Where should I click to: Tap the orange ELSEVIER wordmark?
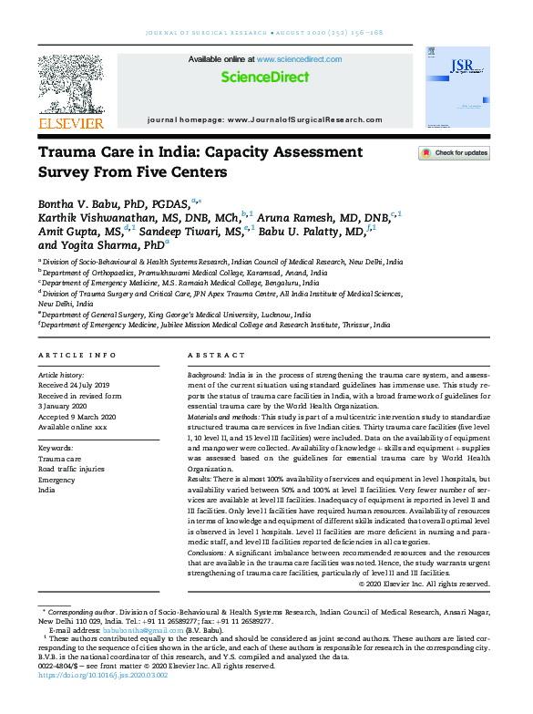pyautogui.click(x=71, y=122)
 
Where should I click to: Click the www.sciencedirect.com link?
pyautogui.click(x=299, y=59)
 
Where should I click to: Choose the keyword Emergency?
pyautogui.click(x=56, y=480)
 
